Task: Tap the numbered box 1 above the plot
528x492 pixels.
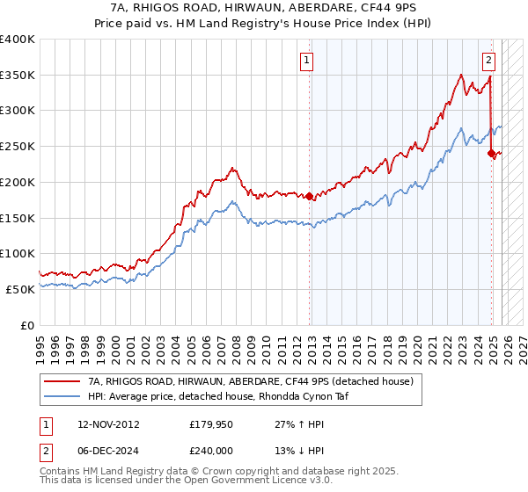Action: click(307, 61)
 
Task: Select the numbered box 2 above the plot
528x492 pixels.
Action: click(488, 61)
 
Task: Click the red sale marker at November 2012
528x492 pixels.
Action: click(309, 196)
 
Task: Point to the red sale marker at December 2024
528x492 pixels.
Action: click(491, 153)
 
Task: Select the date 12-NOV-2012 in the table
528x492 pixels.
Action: click(108, 424)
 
